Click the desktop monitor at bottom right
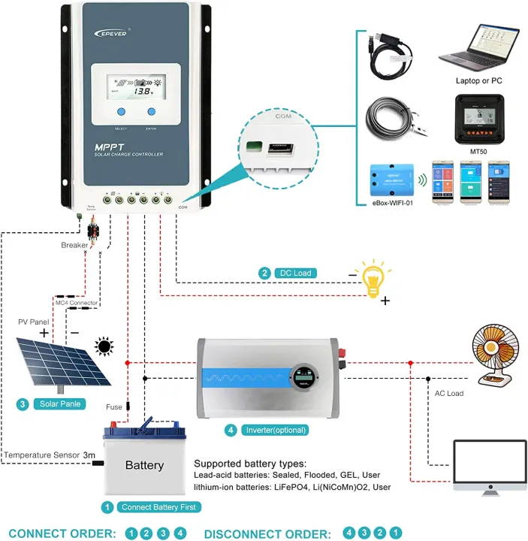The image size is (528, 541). point(489,470)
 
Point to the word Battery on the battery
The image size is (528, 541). point(144,466)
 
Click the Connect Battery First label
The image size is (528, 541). point(160,508)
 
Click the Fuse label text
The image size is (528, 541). point(114,407)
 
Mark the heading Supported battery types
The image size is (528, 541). point(251,464)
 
